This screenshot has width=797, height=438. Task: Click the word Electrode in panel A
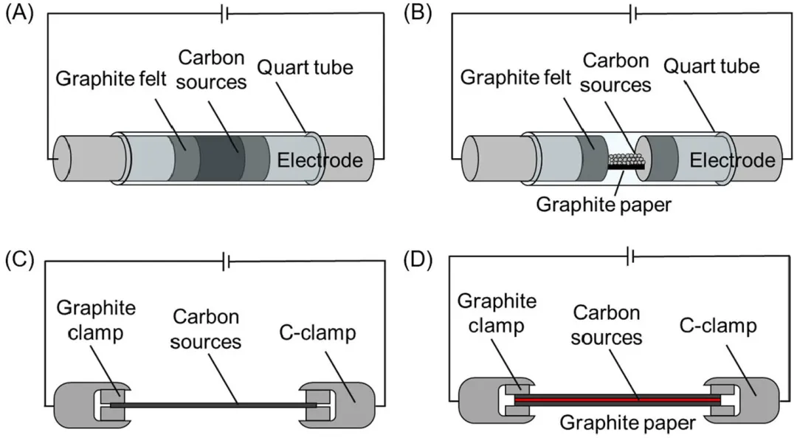coord(320,160)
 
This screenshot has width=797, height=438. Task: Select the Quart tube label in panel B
coord(711,66)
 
